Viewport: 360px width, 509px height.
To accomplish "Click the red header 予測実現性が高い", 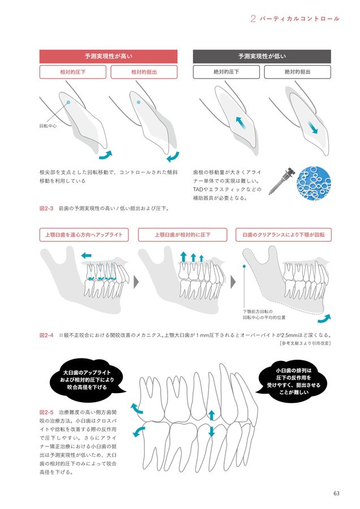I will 108,56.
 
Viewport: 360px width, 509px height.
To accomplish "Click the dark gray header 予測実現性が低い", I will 262,56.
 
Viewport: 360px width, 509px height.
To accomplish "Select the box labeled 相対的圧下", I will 73,72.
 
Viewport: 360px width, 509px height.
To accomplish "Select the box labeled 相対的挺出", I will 144,72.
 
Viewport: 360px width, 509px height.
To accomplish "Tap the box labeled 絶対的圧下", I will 226,72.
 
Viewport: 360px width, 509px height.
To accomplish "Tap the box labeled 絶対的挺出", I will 297,72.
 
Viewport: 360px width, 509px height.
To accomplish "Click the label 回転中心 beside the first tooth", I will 48,126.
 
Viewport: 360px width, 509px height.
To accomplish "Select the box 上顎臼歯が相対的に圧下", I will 182,235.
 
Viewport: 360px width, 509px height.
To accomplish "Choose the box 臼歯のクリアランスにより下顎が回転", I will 283,235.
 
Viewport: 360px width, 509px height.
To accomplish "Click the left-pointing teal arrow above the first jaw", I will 87,256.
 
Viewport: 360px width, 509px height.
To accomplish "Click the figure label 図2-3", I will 46,208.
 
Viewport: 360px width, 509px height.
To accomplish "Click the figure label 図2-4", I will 46,335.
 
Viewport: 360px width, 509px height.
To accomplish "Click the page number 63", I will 336,493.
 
